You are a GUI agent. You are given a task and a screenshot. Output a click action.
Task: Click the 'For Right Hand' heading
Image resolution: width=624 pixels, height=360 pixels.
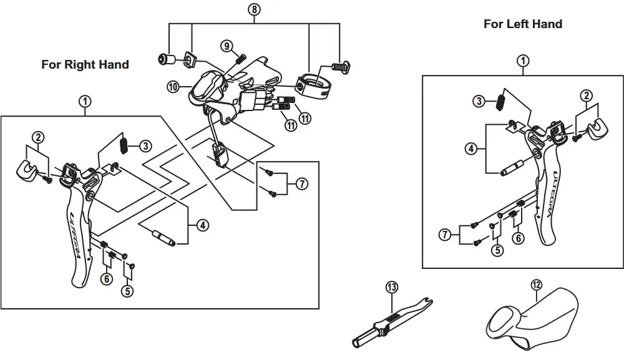click(x=85, y=64)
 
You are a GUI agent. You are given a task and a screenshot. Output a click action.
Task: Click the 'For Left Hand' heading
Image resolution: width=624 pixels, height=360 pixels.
click(x=522, y=24)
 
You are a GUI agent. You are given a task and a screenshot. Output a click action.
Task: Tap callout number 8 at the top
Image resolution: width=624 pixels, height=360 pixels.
click(x=253, y=9)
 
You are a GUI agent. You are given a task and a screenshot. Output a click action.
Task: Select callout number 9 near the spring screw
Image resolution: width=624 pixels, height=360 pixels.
click(x=226, y=46)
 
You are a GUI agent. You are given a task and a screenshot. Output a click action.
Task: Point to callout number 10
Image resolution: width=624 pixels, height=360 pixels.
click(x=173, y=85)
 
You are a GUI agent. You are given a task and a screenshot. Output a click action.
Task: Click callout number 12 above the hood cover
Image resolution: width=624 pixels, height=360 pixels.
click(x=536, y=285)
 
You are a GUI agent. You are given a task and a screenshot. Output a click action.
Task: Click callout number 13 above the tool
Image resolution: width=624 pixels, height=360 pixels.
click(x=391, y=287)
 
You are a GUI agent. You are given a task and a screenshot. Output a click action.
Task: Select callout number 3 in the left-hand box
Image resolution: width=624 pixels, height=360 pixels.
click(x=479, y=101)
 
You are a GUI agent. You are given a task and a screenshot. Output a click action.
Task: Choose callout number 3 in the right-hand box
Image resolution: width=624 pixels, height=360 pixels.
click(x=145, y=146)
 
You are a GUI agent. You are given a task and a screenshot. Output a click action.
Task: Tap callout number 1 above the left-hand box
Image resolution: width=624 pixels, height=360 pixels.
click(x=523, y=61)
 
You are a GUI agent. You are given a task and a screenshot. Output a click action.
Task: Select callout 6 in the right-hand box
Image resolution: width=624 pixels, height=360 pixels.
click(x=107, y=278)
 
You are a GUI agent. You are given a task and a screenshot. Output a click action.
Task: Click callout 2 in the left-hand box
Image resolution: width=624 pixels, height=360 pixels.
click(x=585, y=95)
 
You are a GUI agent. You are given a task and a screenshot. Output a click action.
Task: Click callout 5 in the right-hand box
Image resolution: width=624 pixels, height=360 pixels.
click(x=127, y=290)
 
